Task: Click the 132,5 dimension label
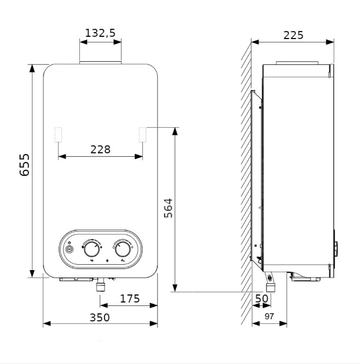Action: point(100,33)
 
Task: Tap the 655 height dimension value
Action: point(25,165)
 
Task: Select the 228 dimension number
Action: point(100,149)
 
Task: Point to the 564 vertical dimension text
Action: point(168,208)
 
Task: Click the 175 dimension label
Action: point(130,299)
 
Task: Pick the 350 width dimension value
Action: point(100,318)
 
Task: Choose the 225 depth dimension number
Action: point(294,35)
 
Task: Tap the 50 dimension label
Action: point(261,299)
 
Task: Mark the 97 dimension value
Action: point(269,316)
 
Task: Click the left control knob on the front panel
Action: point(92,250)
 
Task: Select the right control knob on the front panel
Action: point(123,250)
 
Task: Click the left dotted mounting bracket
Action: point(58,135)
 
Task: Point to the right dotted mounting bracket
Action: point(142,135)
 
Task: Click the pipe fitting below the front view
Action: point(101,285)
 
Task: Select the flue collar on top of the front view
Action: point(100,63)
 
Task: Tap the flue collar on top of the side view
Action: point(297,63)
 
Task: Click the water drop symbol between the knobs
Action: point(107,261)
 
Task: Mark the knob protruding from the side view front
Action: point(336,249)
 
